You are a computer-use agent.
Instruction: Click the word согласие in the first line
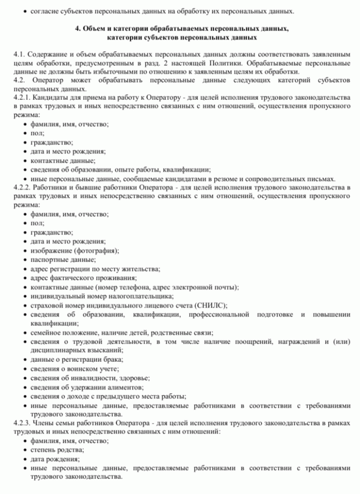pos(46,10)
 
